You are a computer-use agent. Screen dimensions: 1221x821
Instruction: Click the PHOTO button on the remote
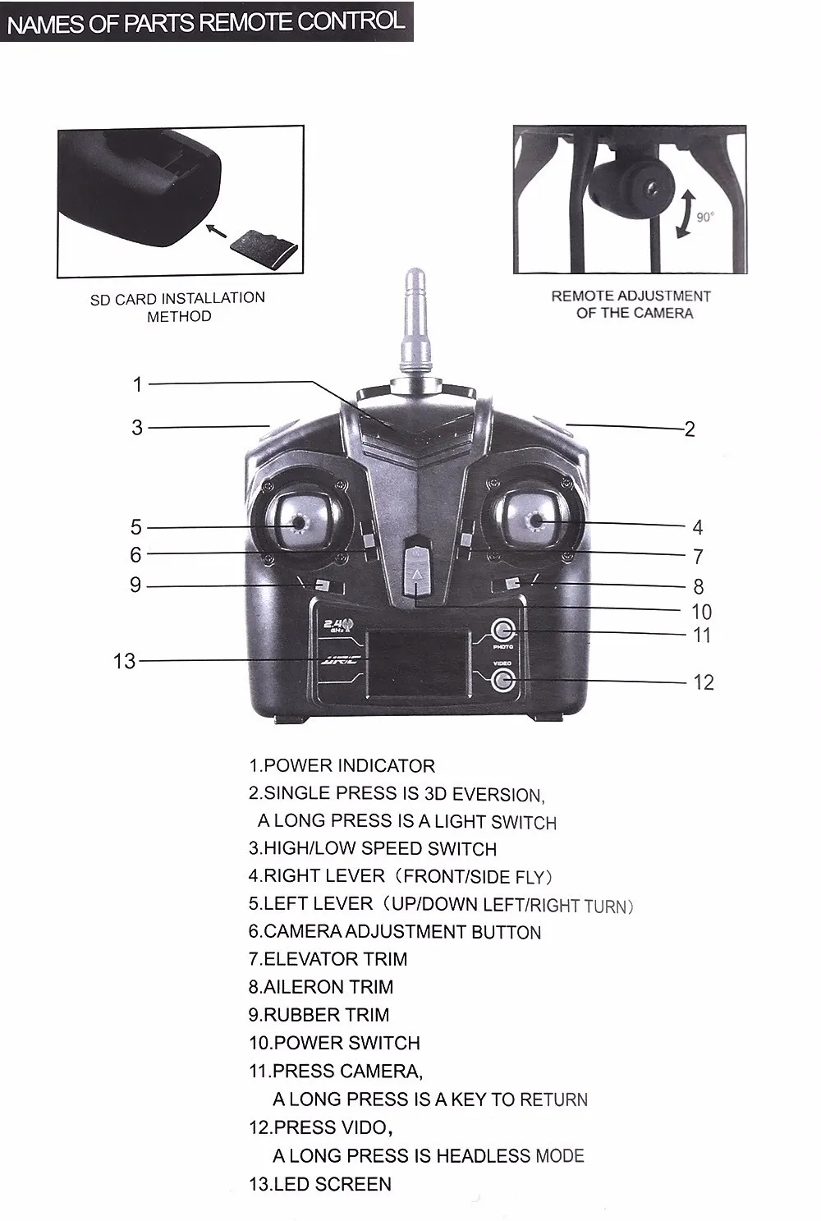[x=502, y=631]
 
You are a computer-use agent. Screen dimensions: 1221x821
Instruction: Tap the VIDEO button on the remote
[x=502, y=679]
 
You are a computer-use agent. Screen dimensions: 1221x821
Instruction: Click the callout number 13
[x=124, y=661]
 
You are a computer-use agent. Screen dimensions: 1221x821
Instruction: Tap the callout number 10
[x=701, y=612]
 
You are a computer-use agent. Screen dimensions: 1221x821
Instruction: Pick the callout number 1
[x=138, y=383]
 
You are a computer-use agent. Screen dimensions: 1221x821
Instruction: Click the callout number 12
[x=703, y=682]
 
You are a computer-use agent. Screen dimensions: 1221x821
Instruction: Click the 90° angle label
[x=705, y=217]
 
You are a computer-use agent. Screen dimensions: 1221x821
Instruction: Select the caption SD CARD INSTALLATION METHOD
[x=178, y=307]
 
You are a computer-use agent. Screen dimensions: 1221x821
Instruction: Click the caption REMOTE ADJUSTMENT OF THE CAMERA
[x=631, y=304]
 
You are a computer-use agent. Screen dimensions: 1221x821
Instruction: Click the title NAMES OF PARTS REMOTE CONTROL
[x=205, y=21]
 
